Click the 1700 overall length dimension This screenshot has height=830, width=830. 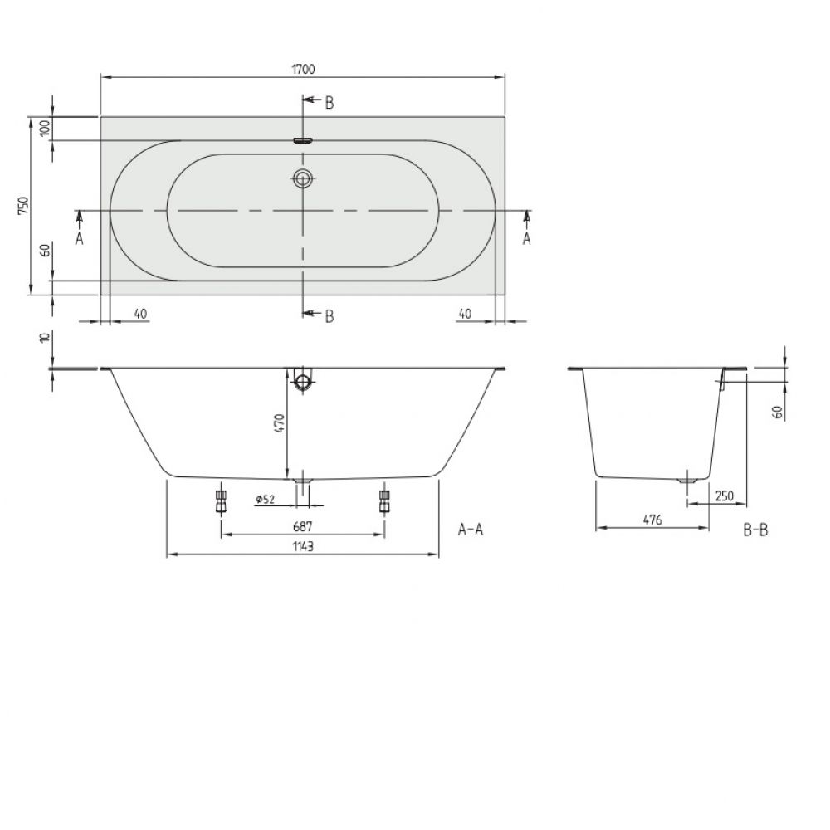303,70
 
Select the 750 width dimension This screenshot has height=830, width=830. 24,205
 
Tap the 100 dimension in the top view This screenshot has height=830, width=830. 46,128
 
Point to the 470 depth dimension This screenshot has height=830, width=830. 280,423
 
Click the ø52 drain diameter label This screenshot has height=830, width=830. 266,499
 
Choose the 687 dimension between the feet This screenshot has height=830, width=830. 303,527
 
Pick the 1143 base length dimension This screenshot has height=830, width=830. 303,546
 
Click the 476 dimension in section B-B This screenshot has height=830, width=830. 652,520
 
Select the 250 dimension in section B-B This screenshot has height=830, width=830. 724,496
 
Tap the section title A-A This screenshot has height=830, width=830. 471,530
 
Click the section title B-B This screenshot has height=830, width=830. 755,530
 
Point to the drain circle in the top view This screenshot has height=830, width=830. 303,178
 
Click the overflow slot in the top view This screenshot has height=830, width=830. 303,140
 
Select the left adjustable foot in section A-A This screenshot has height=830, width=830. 221,500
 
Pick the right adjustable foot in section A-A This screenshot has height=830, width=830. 385,500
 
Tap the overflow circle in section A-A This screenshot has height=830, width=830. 303,381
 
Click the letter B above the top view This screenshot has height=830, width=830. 330,103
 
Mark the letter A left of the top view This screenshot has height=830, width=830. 80,239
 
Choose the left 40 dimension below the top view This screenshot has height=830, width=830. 139,314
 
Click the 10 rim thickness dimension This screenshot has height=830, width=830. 46,337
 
